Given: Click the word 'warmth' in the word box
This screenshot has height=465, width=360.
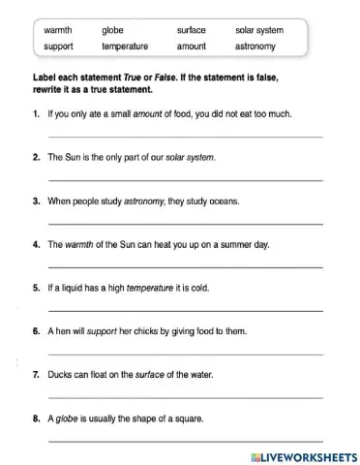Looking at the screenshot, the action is [58, 30].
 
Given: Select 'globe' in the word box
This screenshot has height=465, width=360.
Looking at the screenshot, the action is [112, 30].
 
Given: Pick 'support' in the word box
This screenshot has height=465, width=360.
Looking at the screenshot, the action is [59, 46].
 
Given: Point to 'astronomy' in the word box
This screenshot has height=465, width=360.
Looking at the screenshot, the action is [255, 46].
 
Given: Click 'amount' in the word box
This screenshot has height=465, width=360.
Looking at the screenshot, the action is [192, 46].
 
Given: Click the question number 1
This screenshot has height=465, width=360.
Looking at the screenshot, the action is [36, 113].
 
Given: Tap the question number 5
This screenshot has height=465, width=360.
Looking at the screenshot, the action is [36, 288].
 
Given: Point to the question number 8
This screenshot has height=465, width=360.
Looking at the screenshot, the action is [36, 418].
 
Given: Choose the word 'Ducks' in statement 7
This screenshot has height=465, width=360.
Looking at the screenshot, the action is [59, 375].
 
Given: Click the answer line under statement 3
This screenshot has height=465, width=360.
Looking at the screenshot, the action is [184, 224].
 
